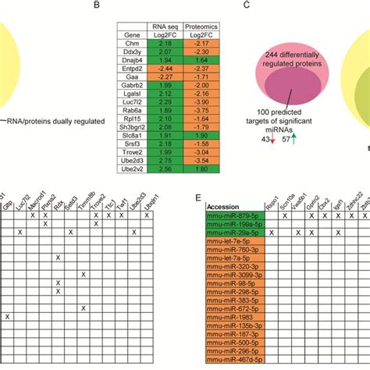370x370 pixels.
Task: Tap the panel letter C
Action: [x=247, y=5]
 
